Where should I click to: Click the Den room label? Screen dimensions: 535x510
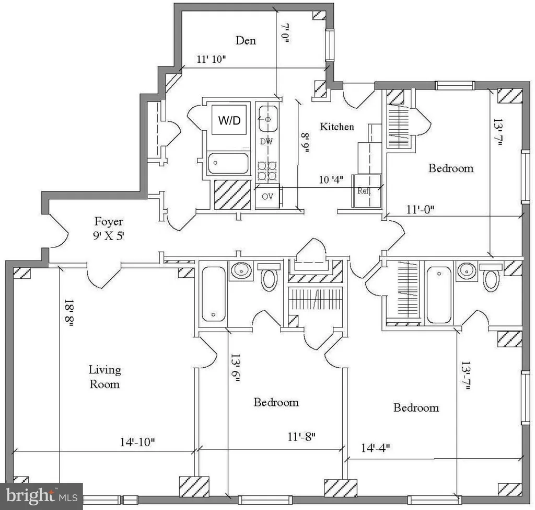pos(246,41)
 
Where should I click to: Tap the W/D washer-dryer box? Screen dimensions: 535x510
pos(229,120)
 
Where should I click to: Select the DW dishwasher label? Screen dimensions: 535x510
pos(266,141)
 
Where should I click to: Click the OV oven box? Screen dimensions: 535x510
pos(267,197)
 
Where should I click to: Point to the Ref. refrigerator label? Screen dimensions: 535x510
pos(364,191)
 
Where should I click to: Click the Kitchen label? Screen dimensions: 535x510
pos(337,127)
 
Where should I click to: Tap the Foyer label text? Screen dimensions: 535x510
pos(109,222)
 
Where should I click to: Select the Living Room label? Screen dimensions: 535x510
pos(104,377)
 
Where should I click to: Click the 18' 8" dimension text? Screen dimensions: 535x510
pos(69,314)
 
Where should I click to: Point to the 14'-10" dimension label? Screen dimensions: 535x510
pos(137,442)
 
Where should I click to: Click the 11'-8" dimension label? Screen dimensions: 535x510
pos(301,437)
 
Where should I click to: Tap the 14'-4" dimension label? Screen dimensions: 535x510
pos(375,447)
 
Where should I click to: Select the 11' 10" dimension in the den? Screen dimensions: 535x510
pos(211,59)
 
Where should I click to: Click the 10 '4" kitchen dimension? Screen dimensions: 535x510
pos(331,179)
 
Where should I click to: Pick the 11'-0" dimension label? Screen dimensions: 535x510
pos(421,209)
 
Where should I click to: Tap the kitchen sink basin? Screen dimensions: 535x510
pos(268,119)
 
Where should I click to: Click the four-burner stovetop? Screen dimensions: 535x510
pos(267,171)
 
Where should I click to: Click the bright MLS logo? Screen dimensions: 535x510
pos(41,496)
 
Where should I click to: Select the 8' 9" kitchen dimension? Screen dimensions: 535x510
pos(305,143)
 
